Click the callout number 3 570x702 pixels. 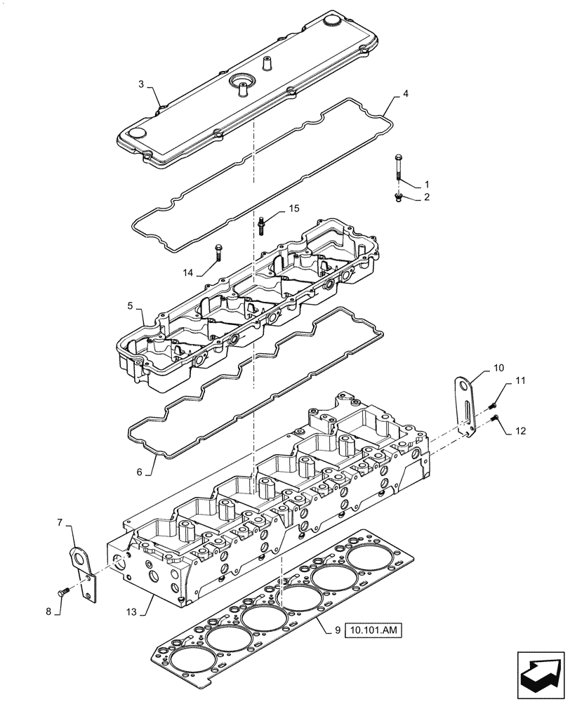click(x=141, y=84)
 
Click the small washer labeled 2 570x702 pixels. click(x=397, y=199)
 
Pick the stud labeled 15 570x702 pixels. click(x=261, y=225)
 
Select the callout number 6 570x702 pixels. click(x=140, y=472)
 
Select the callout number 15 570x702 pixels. click(x=293, y=209)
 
